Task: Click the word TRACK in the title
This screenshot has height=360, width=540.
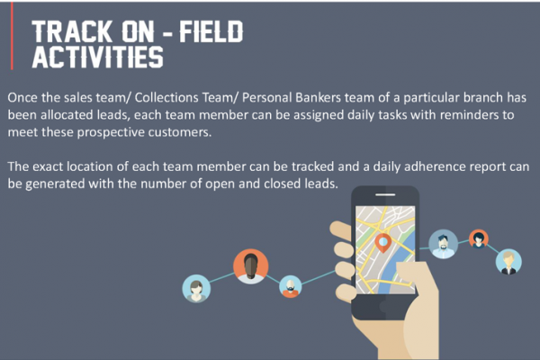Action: pyautogui.click(x=73, y=31)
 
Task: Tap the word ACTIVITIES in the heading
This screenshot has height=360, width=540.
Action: pyautogui.click(x=98, y=58)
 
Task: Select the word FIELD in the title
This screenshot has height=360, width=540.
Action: pyautogui.click(x=211, y=31)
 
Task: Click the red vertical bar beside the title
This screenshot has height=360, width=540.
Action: pyautogui.click(x=12, y=36)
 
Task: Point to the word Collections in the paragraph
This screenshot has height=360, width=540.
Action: pyautogui.click(x=166, y=97)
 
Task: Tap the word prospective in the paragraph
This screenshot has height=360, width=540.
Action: pyautogui.click(x=111, y=132)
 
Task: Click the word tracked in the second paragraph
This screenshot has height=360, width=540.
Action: pyautogui.click(x=312, y=166)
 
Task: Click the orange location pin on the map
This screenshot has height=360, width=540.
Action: pyautogui.click(x=382, y=243)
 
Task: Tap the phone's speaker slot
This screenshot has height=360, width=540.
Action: pyautogui.click(x=385, y=194)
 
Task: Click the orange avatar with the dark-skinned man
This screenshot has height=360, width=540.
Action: pyautogui.click(x=251, y=266)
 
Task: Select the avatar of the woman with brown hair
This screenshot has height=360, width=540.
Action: pyautogui.click(x=196, y=288)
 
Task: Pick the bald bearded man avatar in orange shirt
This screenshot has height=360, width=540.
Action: pyautogui.click(x=291, y=286)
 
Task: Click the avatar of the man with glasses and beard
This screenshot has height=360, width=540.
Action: pyautogui.click(x=443, y=244)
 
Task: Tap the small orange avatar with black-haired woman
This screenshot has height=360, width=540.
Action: pyautogui.click(x=479, y=239)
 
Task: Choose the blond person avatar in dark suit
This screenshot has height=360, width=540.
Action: pyautogui.click(x=508, y=262)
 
